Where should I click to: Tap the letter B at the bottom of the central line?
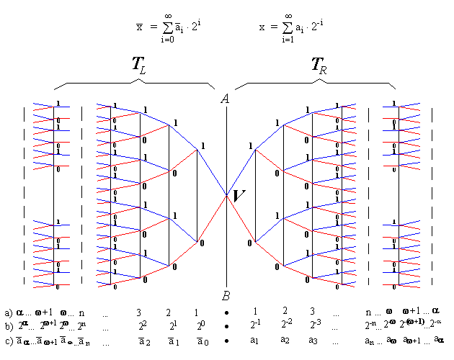(226, 296)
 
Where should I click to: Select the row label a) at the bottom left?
(8, 313)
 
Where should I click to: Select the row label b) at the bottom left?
(8, 327)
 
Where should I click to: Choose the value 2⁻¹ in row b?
(254, 326)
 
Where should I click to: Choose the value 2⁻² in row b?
(285, 326)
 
